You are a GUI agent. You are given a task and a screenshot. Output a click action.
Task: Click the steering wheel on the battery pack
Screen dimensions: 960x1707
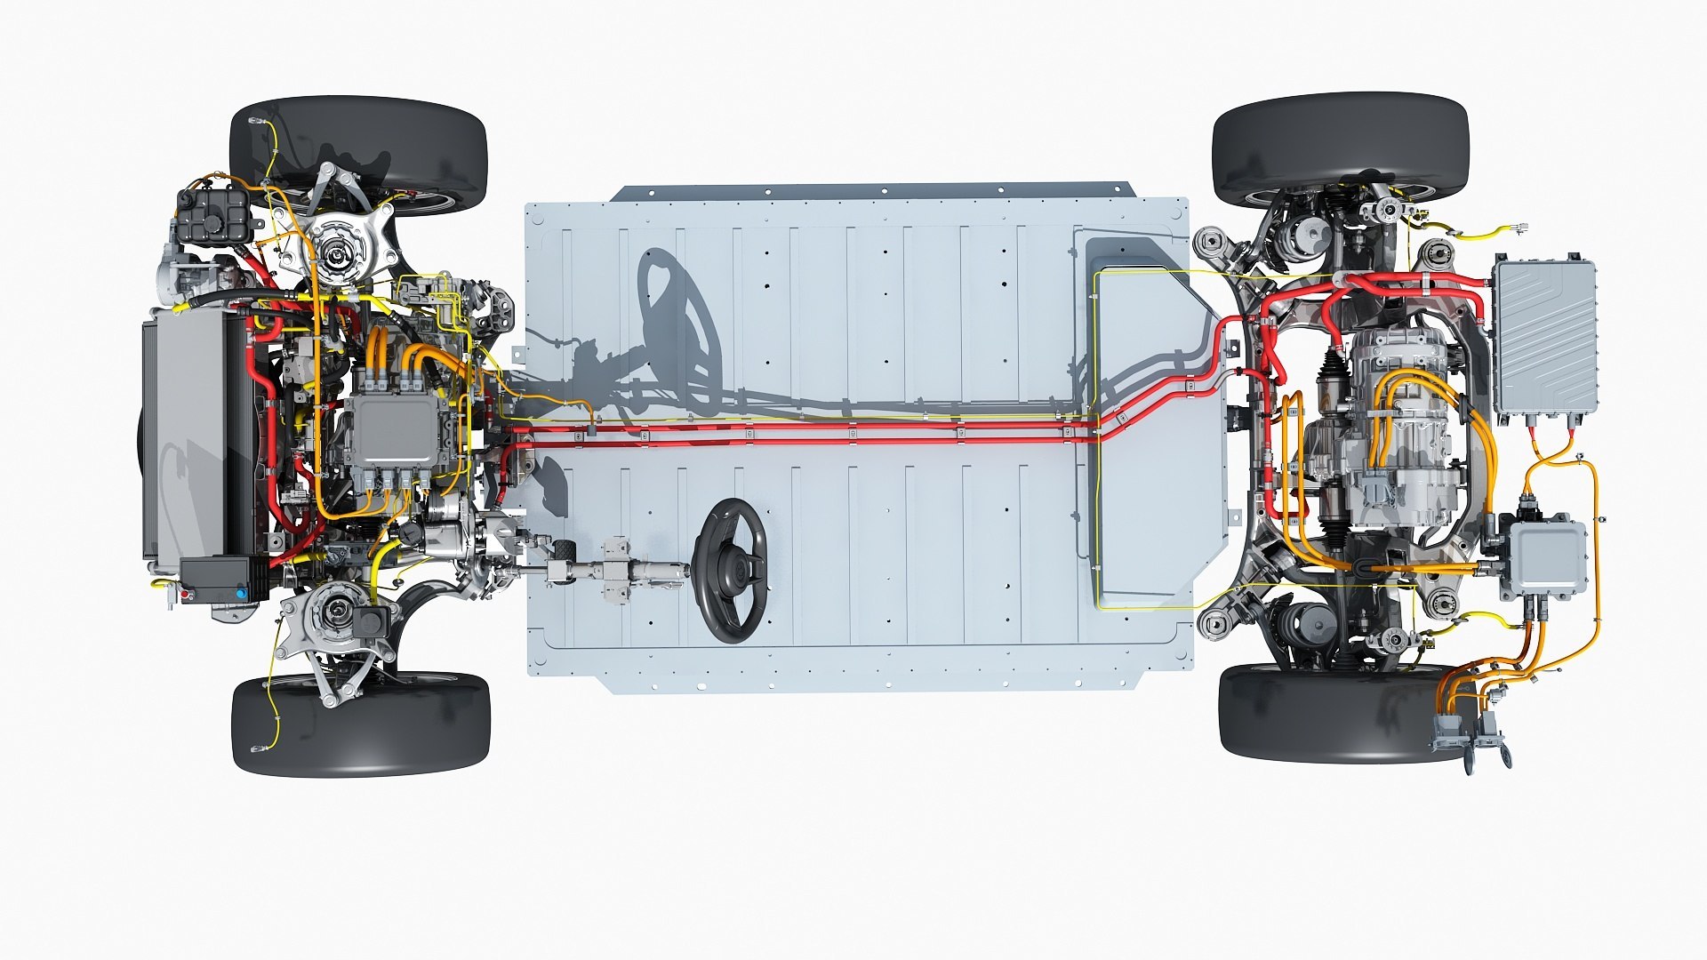(x=730, y=570)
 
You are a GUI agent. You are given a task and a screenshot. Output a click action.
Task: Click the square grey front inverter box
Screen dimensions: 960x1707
(x=395, y=431)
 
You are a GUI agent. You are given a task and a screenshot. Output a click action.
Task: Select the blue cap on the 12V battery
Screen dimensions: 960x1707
(x=241, y=591)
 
